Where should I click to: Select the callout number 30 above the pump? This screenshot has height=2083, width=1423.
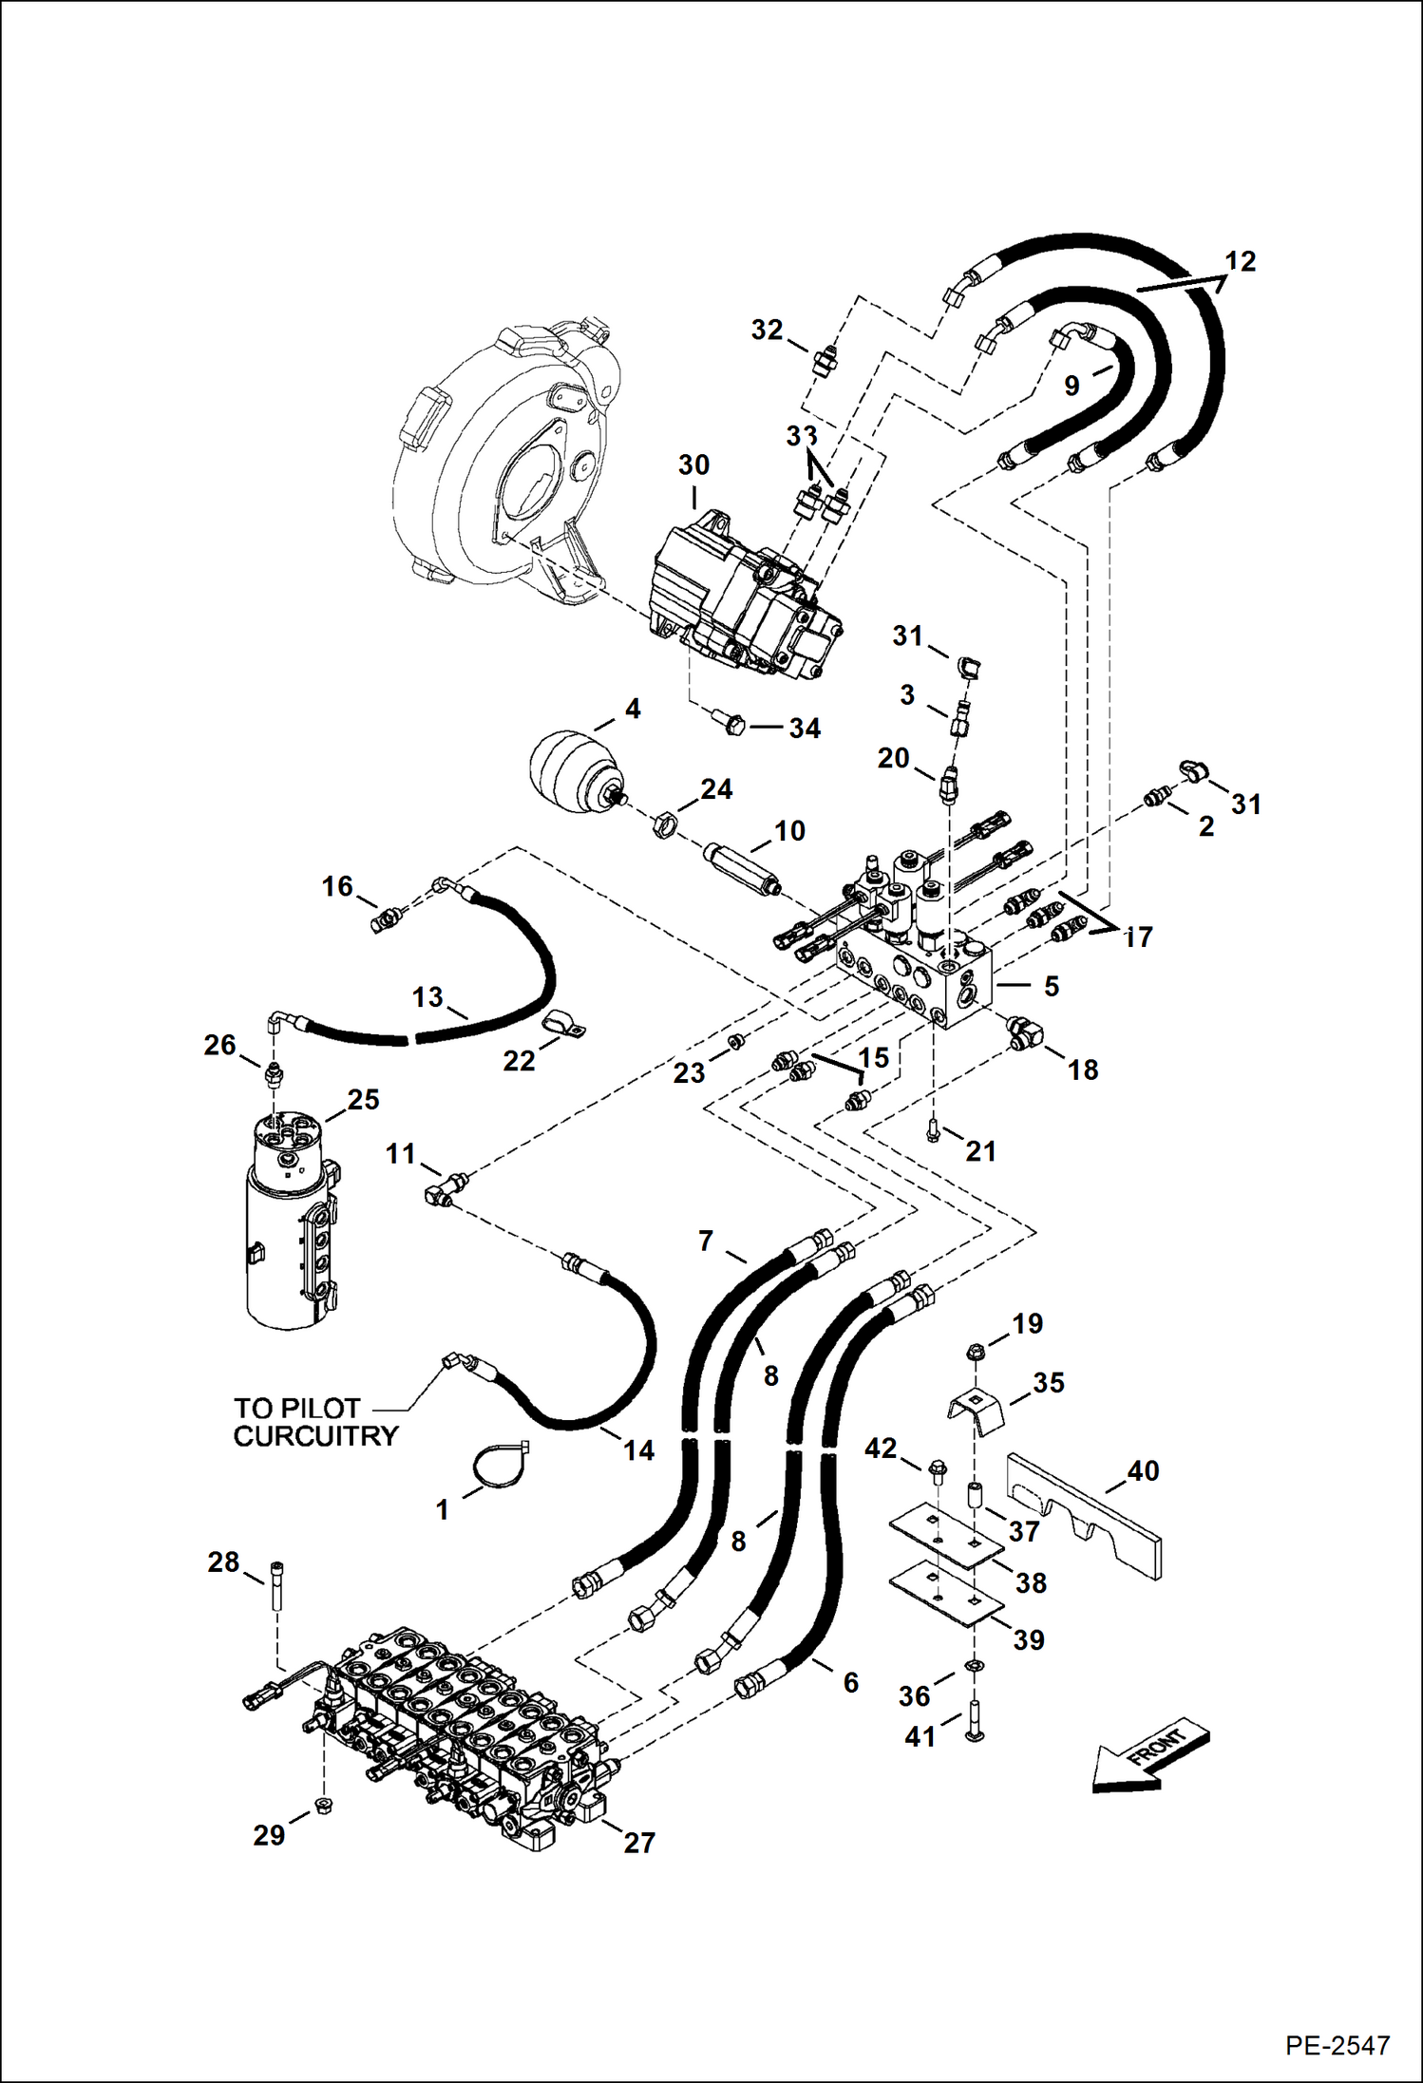[x=693, y=465]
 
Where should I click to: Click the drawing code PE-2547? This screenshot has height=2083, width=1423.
[x=1338, y=2044]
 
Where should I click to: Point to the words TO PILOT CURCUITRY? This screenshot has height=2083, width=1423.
[x=314, y=1422]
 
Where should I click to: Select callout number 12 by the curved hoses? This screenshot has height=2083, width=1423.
[x=1240, y=261]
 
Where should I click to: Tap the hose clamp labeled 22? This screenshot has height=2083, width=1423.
[x=564, y=1025]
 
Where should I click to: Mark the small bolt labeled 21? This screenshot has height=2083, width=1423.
[x=934, y=1130]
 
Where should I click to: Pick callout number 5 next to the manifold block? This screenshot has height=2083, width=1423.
[x=1051, y=986]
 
